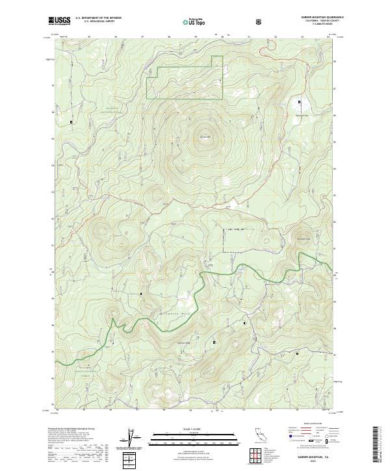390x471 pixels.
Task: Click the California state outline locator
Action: click(260, 437)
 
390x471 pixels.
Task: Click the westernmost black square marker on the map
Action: click(71, 121)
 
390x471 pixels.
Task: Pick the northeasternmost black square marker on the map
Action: click(299, 102)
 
